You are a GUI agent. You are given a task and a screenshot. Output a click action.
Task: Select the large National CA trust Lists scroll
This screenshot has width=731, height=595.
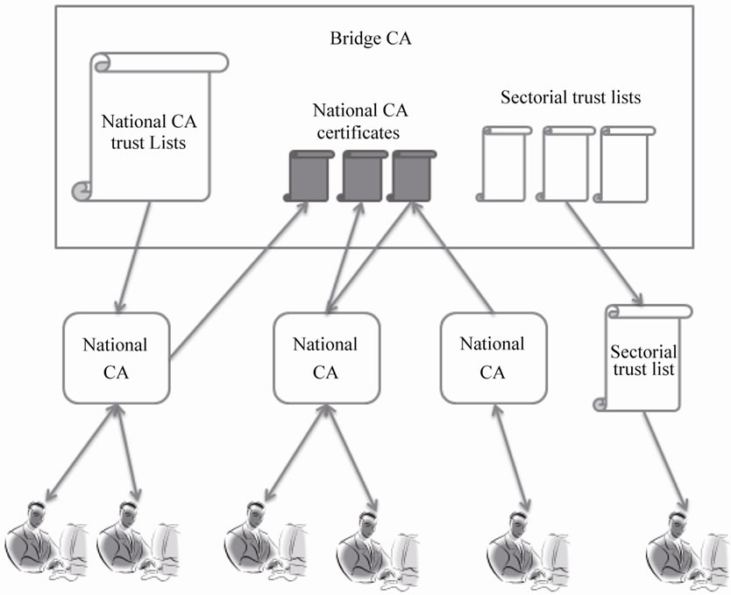coord(150,128)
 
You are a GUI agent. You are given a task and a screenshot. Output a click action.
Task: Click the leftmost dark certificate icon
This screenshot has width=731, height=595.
coord(309,175)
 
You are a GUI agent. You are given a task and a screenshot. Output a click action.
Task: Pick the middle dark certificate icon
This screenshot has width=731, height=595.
coord(361,175)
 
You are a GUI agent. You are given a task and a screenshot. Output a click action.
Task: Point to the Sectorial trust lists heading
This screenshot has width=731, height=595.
coord(571,97)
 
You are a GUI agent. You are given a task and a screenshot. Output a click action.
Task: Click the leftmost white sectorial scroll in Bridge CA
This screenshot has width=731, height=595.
coord(504,164)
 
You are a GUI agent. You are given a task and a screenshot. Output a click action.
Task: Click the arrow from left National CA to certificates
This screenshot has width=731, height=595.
coord(237,280)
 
